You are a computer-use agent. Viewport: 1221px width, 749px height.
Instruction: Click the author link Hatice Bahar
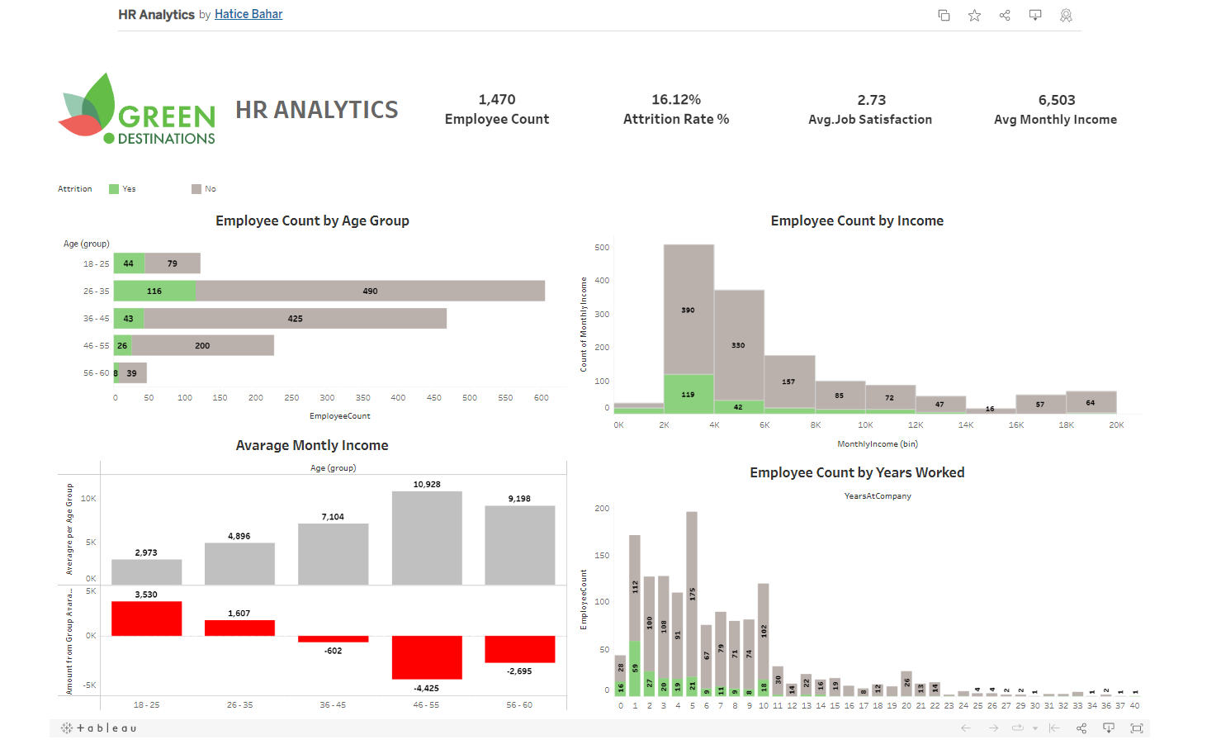point(248,14)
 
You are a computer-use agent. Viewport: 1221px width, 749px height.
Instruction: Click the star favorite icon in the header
point(974,15)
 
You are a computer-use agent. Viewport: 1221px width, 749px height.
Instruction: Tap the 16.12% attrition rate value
point(675,100)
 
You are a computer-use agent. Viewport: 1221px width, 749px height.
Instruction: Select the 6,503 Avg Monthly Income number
point(1056,100)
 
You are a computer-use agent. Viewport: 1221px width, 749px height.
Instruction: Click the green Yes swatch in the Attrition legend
point(114,189)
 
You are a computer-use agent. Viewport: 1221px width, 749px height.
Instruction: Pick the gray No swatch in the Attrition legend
point(196,189)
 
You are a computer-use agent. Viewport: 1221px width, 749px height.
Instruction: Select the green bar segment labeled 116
point(155,291)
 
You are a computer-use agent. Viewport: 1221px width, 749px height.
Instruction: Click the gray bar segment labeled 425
point(295,319)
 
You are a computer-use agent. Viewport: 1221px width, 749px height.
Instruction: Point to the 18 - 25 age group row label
point(96,264)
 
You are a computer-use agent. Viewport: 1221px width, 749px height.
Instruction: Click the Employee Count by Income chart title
point(856,220)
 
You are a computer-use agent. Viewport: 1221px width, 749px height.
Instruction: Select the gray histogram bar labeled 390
point(689,310)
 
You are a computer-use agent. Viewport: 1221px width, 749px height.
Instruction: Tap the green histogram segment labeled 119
point(689,394)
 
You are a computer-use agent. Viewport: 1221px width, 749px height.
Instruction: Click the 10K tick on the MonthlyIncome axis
point(865,425)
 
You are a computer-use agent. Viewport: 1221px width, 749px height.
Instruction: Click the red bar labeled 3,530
point(146,619)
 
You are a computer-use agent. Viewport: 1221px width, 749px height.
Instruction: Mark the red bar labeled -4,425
point(427,657)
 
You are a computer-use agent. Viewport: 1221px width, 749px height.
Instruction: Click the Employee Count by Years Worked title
point(856,472)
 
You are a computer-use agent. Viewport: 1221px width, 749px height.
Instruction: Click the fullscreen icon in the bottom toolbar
point(1137,728)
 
